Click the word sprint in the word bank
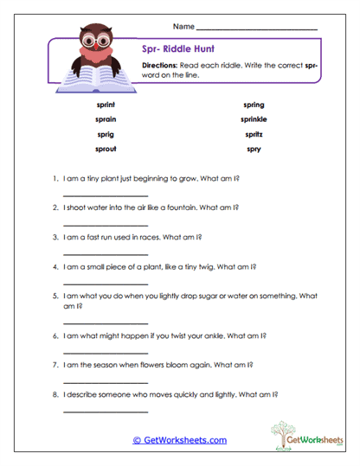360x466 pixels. pos(107,104)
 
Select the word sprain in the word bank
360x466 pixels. pos(107,119)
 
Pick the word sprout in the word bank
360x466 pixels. pos(107,150)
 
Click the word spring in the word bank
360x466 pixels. pos(254,104)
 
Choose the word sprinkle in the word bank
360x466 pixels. pos(254,119)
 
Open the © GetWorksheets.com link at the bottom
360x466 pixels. pos(180,440)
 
